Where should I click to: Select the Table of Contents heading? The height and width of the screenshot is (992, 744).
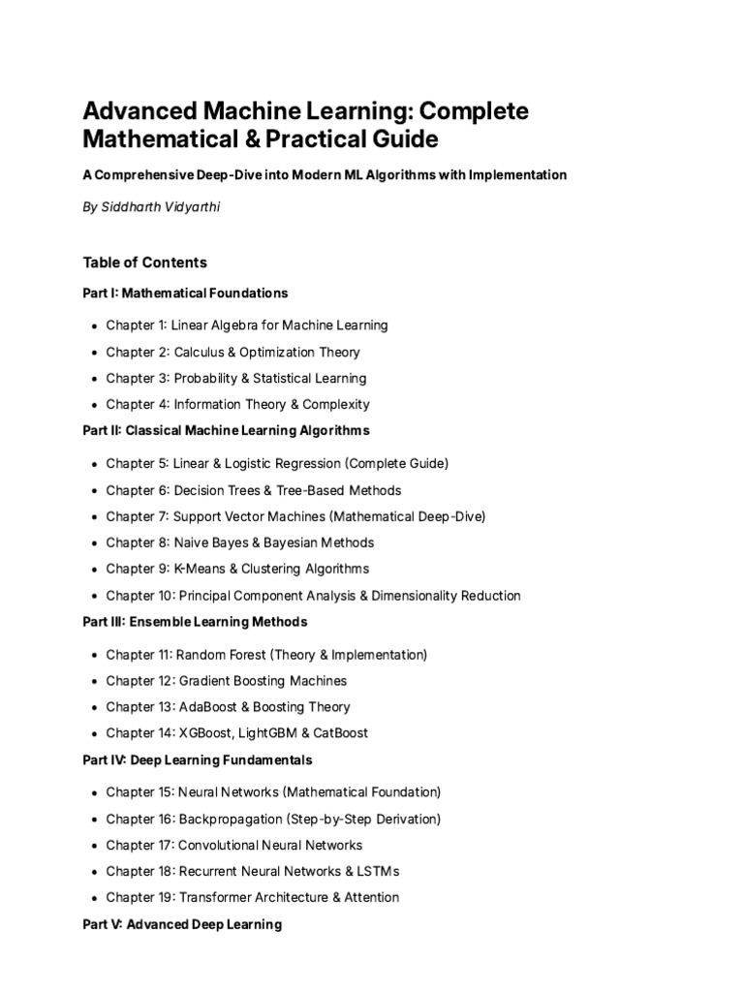coord(144,263)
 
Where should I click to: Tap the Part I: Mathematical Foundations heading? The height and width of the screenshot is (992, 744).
coord(185,292)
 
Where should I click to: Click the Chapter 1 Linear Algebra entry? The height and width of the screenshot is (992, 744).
coord(246,325)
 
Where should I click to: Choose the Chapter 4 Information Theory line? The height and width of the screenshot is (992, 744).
coord(237,404)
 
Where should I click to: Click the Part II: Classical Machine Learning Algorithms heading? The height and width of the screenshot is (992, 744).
coord(226,429)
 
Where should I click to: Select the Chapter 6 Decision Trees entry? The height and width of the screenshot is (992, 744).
coord(253,490)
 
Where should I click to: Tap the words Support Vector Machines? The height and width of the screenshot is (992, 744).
coord(256,516)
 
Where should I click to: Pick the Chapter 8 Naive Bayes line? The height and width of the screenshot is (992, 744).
coord(239,542)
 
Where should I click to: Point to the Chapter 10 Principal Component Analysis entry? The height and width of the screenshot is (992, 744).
coord(313,596)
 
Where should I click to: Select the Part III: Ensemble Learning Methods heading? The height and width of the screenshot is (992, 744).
coord(195,621)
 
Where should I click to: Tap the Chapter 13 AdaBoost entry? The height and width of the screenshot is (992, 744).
coord(228,707)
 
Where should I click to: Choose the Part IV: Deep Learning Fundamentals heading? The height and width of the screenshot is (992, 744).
coord(198,759)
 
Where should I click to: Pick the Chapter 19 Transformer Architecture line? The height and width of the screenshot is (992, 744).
coord(252,897)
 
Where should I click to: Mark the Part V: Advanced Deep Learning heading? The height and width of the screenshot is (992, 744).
coord(182,924)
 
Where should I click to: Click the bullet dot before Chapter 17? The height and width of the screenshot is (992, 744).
coord(93,846)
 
